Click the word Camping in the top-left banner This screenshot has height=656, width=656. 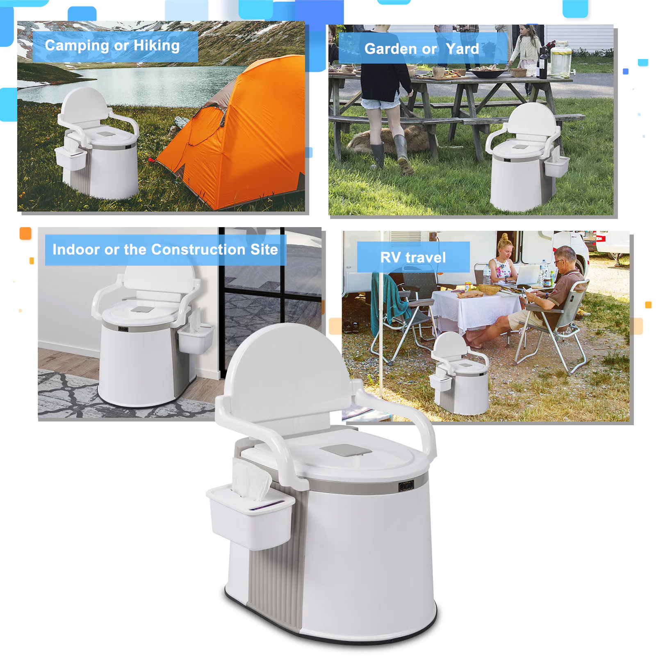pos(77,46)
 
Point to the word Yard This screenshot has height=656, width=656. pos(462,49)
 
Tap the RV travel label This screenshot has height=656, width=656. pos(413,257)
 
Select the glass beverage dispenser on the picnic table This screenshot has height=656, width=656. pos(560,59)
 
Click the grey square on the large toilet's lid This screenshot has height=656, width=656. pos(346,450)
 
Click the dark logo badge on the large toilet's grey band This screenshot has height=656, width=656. pos(406,486)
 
